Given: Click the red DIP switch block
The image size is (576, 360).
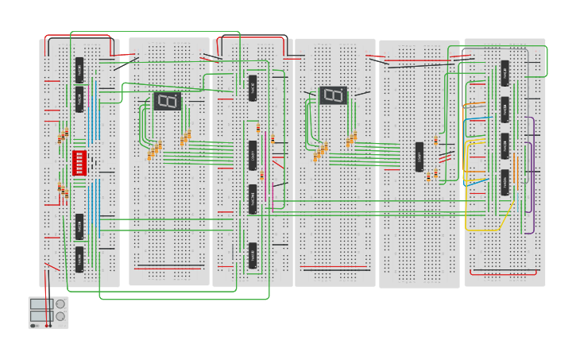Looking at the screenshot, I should (79, 163).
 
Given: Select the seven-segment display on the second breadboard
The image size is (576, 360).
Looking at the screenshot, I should (167, 101).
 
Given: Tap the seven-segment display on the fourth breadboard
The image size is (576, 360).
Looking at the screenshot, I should (333, 95).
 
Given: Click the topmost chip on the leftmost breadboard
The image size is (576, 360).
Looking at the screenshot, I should (79, 70).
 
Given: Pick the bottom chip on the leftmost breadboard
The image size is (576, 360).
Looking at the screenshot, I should (79, 259).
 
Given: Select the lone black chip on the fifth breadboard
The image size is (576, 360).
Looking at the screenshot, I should (419, 157).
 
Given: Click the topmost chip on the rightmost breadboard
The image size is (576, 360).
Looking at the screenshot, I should (504, 73).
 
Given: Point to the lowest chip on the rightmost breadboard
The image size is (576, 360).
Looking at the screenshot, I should (504, 182).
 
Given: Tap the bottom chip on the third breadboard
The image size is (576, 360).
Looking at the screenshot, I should (253, 255).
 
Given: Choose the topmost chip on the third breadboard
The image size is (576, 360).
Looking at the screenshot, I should (253, 87).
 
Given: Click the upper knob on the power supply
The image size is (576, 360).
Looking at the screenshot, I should (60, 304).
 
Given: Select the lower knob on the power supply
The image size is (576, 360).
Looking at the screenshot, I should (60, 316).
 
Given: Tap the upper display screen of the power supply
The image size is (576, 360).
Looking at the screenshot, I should (41, 304).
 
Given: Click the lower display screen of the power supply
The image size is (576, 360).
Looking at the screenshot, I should (41, 316).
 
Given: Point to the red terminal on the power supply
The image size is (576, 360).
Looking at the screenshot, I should (48, 325).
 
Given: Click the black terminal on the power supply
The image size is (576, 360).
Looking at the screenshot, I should (33, 325).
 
